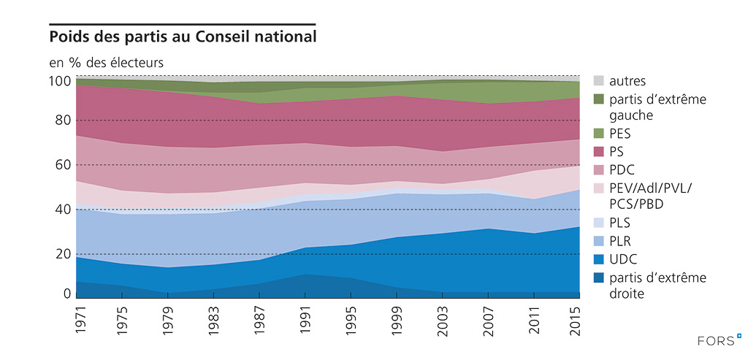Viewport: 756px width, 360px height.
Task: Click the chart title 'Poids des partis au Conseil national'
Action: pos(183,36)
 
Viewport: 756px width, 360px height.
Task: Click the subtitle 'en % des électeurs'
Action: pos(107,63)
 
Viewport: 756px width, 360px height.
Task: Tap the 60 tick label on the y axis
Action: pos(64,165)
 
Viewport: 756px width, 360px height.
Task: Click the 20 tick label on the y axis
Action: pos(64,254)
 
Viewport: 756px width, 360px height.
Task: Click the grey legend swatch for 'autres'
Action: pos(597,80)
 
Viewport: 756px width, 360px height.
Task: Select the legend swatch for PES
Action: pos(597,134)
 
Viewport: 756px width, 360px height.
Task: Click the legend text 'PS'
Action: pos(617,151)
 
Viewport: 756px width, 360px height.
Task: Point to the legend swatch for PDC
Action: pos(597,169)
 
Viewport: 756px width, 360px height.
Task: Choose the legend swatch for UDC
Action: pos(597,258)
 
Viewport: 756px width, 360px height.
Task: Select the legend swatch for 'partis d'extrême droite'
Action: pos(597,277)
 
